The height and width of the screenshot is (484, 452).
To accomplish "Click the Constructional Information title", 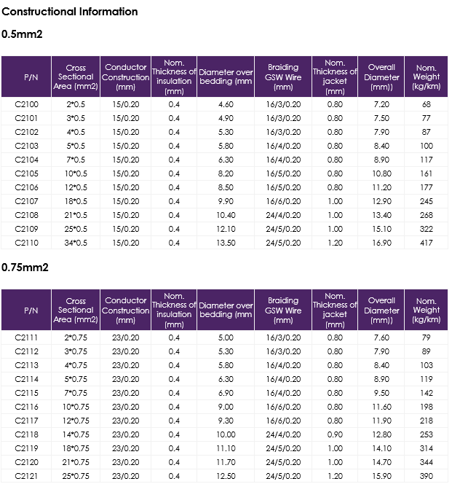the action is click(70, 12).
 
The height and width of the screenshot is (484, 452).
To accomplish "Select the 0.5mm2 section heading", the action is click(22, 34).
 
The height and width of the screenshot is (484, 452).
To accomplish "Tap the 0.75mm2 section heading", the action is click(25, 268).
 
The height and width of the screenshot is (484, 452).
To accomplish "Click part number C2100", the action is click(26, 104).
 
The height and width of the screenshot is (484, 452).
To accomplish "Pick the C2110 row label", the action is click(26, 243).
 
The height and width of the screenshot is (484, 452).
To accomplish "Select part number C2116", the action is click(26, 407).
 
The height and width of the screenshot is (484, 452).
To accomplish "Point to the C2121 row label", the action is click(26, 476).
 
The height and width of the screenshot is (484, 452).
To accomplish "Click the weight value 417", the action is click(426, 243).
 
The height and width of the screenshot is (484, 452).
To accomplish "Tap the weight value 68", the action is click(426, 104).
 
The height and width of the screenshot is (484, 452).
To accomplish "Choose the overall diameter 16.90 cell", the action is click(381, 243).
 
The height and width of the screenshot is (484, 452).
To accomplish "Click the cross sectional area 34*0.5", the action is click(76, 243).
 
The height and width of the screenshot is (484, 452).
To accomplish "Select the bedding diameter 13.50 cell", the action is click(226, 243).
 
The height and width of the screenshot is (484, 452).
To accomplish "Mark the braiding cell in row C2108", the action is click(283, 215).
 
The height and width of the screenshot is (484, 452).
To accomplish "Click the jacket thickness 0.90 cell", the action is click(335, 434).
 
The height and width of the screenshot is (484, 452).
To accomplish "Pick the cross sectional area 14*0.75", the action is click(76, 434).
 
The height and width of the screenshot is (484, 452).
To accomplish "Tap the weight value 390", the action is click(426, 476).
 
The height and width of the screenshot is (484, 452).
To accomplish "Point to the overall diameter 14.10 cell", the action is click(381, 448).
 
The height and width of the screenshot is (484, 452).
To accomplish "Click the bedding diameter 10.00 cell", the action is click(226, 434).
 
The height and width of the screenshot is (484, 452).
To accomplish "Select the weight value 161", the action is click(426, 173).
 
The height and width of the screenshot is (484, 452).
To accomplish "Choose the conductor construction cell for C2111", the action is click(126, 337).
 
